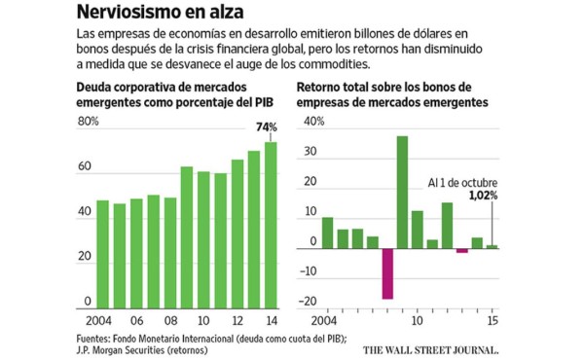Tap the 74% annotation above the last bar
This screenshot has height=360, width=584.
pos(266,126)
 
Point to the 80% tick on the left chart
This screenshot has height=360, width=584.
pos(88,122)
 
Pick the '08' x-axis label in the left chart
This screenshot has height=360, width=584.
pos(169,321)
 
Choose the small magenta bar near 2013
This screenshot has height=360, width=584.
pos(461,251)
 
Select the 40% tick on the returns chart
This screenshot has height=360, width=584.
pos(314,123)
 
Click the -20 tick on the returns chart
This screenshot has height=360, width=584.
pos(313,302)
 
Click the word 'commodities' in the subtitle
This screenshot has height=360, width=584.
pos(326,63)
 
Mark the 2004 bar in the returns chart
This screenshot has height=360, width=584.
pos(328,233)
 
